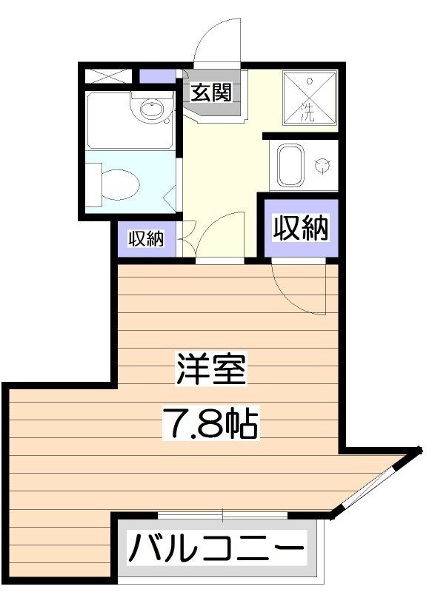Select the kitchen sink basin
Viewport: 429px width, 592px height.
(x=289, y=165)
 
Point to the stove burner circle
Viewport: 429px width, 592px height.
(x=322, y=165)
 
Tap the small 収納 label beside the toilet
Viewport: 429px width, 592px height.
(x=146, y=239)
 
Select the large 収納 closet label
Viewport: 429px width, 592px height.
(x=301, y=229)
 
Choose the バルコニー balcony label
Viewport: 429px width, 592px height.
(x=217, y=550)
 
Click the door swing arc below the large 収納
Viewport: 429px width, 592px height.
(x=300, y=289)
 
